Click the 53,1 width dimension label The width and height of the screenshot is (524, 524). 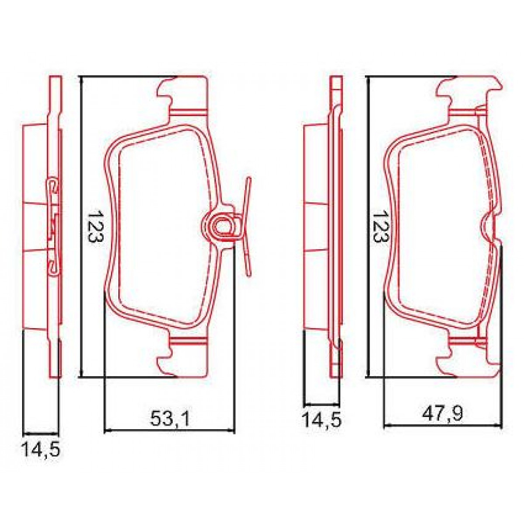point(169,419)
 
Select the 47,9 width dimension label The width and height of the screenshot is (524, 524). point(442,413)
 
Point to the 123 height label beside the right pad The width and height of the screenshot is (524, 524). point(380,226)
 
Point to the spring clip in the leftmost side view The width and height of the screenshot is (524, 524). point(54,227)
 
